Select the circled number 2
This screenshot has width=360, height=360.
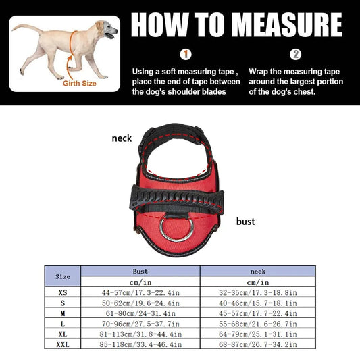click(x=295, y=55)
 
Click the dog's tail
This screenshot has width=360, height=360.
click(x=26, y=28)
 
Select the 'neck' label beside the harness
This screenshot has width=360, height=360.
click(x=122, y=138)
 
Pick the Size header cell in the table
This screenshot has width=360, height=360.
click(x=62, y=276)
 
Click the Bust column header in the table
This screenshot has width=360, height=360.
click(x=140, y=270)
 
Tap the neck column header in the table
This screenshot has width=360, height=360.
click(x=258, y=270)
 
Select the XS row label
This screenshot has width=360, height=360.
click(x=62, y=294)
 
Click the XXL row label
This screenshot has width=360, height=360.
click(x=62, y=344)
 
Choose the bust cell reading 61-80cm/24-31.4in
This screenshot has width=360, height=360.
click(x=140, y=314)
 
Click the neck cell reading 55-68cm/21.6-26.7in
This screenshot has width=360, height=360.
click(x=258, y=324)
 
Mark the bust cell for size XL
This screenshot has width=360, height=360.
click(x=140, y=334)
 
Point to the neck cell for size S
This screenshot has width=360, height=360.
click(x=258, y=304)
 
